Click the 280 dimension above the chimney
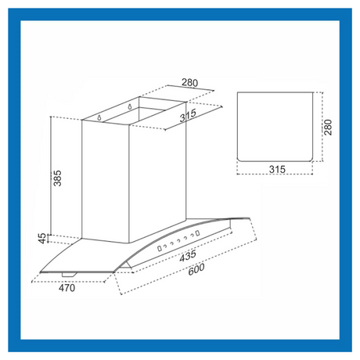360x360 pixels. (189, 82)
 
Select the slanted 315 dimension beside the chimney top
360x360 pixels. (188, 116)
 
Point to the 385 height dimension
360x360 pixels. (57, 178)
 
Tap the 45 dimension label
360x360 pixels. (42, 239)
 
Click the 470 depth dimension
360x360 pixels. (67, 288)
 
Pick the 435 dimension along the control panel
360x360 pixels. (188, 256)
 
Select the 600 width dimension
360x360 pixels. (196, 269)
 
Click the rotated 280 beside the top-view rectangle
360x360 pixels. (328, 128)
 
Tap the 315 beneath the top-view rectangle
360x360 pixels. (277, 169)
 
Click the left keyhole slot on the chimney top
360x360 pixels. (99, 117)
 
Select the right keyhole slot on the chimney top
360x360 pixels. (130, 106)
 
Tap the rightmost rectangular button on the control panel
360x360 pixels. (198, 233)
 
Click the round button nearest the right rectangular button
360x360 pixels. (192, 236)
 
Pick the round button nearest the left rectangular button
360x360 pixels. (165, 246)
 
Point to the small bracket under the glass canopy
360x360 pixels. (69, 275)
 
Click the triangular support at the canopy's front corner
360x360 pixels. (127, 265)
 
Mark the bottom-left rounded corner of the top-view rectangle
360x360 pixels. (239, 160)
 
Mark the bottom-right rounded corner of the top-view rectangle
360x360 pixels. (311, 160)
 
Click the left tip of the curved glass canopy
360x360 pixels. (40, 272)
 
